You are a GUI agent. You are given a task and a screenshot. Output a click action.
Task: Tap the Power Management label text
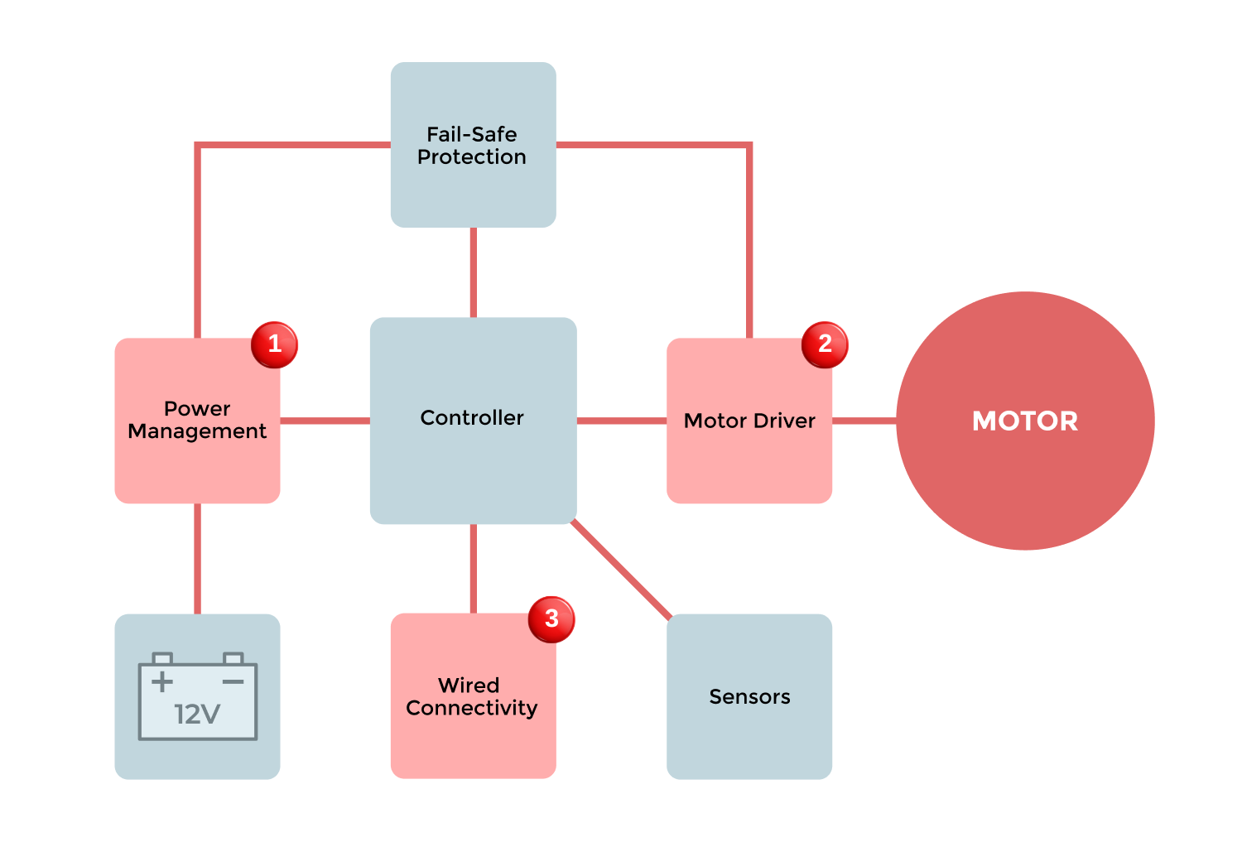pos(197,420)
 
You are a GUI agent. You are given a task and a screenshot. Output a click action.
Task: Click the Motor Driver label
pos(749,421)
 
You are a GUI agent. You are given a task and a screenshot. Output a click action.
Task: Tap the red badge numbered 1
pos(274,344)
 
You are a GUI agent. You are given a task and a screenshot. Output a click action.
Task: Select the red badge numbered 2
pos(825,344)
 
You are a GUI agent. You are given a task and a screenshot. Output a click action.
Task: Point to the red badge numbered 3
pos(551,619)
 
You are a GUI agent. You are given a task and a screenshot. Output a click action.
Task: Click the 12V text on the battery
pos(197,714)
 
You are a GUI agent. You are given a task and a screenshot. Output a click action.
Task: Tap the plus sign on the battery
pos(162,681)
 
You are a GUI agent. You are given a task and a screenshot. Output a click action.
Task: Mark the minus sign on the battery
pos(233,681)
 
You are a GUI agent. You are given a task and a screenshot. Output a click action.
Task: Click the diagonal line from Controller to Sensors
pos(621,570)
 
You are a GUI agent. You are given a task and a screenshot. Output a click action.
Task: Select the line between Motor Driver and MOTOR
pos(864,421)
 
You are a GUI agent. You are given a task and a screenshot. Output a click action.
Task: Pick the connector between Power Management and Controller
pos(325,421)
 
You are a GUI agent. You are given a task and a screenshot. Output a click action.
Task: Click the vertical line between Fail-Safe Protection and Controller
pos(474,272)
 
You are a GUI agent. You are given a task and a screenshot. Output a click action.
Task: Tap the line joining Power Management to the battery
pos(198,558)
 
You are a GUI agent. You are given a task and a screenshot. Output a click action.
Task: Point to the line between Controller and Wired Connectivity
pos(474,568)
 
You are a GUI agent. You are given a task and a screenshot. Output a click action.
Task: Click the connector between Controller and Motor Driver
pos(621,421)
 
